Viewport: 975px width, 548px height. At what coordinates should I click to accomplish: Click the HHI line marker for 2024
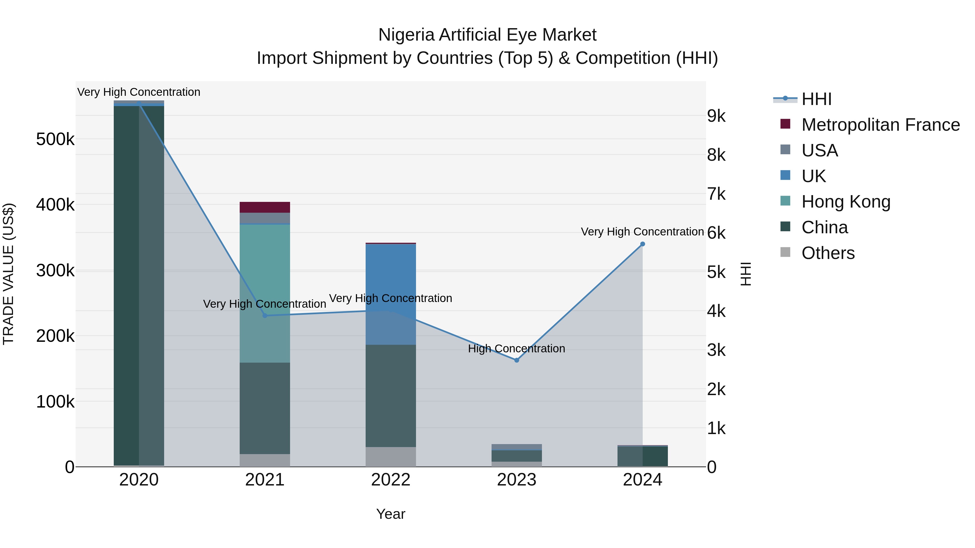tap(642, 244)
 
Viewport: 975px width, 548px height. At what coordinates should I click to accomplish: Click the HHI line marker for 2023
tap(517, 360)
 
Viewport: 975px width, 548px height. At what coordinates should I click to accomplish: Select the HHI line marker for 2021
tap(265, 316)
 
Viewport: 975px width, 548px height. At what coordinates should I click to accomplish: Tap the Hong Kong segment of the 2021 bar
tap(265, 293)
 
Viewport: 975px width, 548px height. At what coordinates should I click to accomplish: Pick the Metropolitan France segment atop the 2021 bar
tap(265, 207)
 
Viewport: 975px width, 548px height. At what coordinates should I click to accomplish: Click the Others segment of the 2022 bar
tap(391, 457)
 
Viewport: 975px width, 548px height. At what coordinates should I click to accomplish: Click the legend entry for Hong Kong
tap(846, 202)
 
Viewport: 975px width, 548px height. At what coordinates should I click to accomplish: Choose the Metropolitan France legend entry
tap(880, 125)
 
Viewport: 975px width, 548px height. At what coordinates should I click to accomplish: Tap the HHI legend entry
tap(816, 99)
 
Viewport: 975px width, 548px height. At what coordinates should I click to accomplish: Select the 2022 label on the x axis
tap(391, 480)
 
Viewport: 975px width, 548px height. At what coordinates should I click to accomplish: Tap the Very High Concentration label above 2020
tap(138, 92)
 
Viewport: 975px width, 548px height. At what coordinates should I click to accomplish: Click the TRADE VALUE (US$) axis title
tap(8, 274)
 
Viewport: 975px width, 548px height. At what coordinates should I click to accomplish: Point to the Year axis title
tap(391, 514)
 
